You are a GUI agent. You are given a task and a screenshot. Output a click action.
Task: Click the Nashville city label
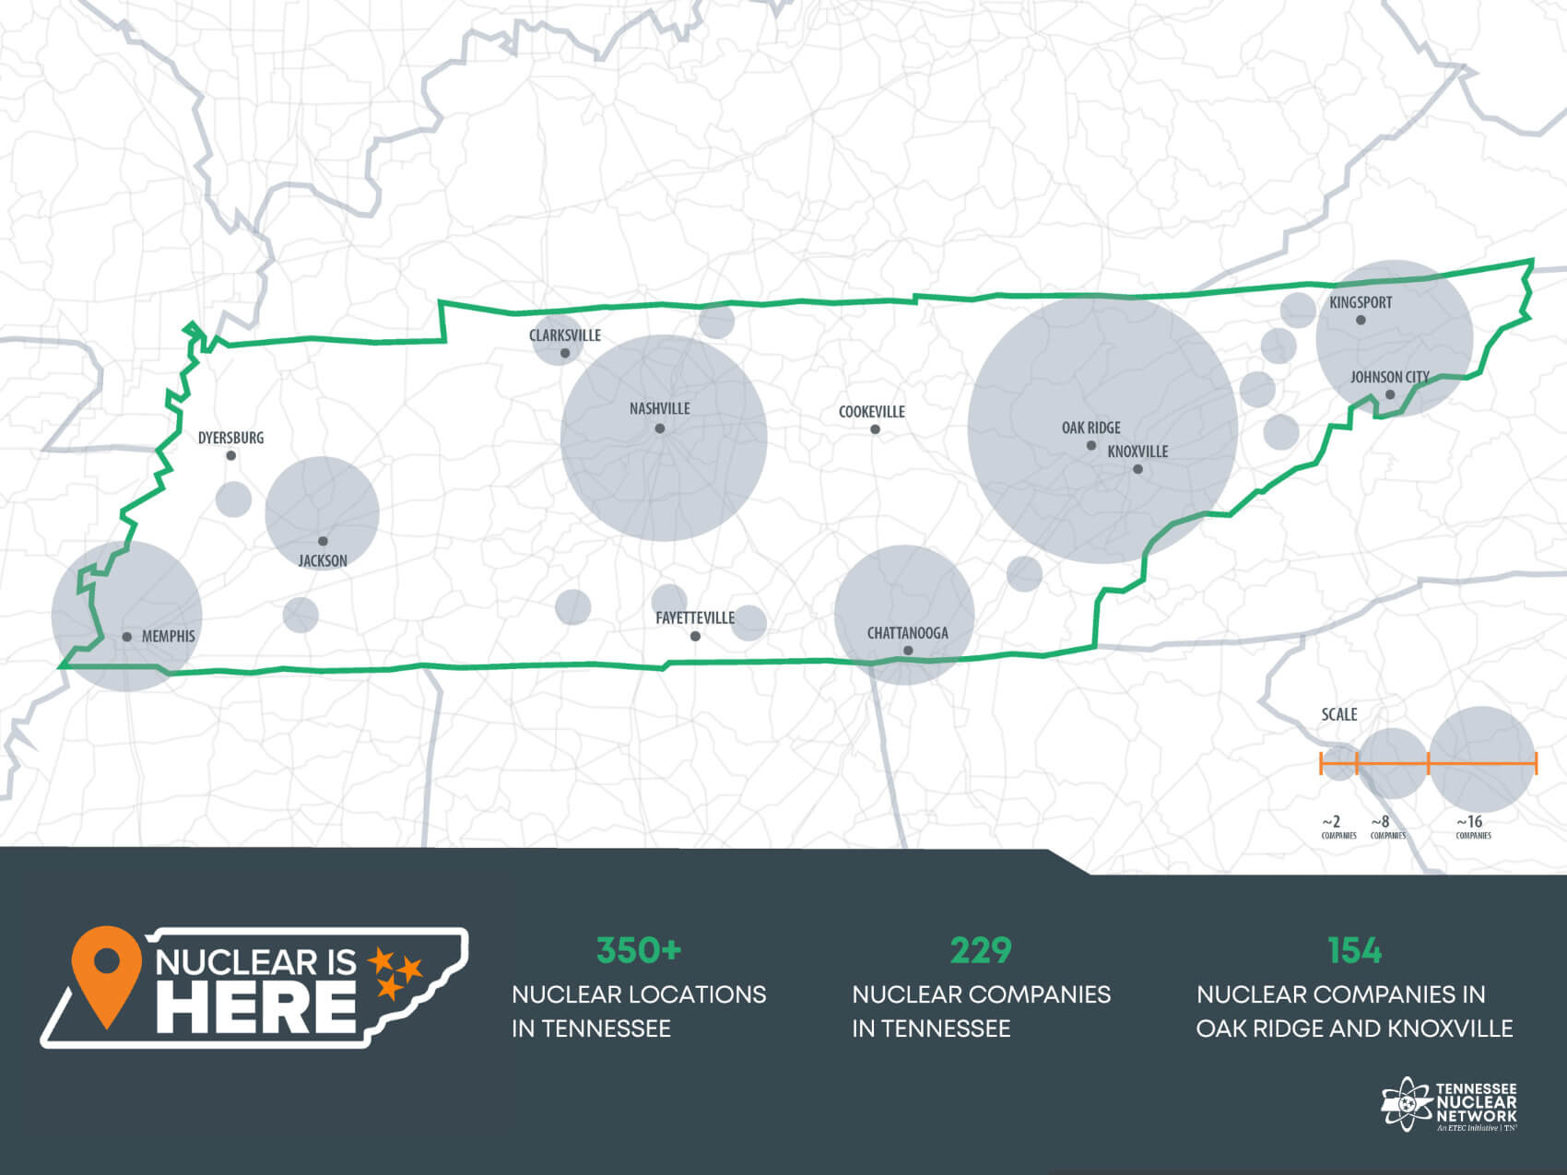pos(659,408)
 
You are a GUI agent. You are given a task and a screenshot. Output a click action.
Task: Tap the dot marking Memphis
pos(127,637)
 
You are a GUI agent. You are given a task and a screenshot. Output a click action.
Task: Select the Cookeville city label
pos(871,412)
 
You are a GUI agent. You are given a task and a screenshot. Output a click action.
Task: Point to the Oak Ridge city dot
pos(1091,445)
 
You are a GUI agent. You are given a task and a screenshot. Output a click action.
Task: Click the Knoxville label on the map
pos(1137,452)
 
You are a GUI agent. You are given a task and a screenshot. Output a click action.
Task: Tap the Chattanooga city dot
pos(908,651)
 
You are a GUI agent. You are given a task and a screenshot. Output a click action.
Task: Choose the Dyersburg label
pos(230,438)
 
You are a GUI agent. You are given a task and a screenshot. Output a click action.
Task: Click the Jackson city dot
pos(323,541)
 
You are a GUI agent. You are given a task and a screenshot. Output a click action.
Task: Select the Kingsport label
pos(1361,302)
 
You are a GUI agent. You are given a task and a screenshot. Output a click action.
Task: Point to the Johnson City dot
pos(1390,395)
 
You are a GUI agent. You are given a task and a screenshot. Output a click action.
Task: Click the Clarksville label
pos(564,335)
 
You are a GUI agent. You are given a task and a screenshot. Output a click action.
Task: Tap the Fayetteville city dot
pos(695,636)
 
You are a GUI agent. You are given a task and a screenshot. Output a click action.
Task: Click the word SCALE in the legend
pos(1338,714)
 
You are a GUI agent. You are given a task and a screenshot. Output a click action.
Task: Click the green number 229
pos(981,950)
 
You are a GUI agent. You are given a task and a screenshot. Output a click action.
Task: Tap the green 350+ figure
pos(638,950)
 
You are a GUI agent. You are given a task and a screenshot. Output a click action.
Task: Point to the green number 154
pos(1354,950)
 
